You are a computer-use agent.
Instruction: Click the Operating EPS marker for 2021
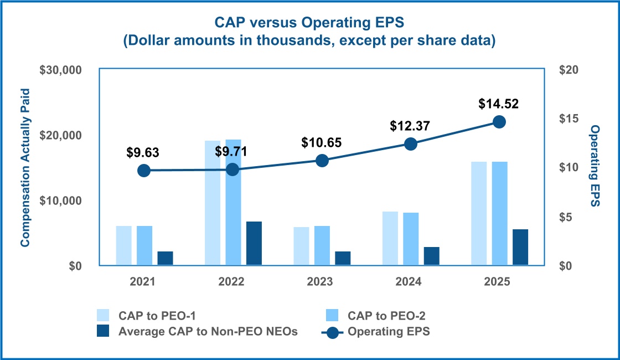click(x=144, y=170)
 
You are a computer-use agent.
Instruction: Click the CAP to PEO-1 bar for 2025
click(x=479, y=214)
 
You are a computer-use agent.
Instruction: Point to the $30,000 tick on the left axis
click(x=61, y=70)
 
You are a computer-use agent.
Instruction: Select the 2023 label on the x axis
click(x=321, y=281)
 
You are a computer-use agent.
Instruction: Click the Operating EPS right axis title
click(x=595, y=166)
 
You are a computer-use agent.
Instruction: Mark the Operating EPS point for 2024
click(x=410, y=144)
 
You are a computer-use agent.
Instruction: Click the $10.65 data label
click(x=322, y=142)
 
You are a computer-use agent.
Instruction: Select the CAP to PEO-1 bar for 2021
click(x=124, y=246)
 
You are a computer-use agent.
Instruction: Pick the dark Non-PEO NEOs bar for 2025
click(x=520, y=248)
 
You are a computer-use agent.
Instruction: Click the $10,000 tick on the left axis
click(x=61, y=200)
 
